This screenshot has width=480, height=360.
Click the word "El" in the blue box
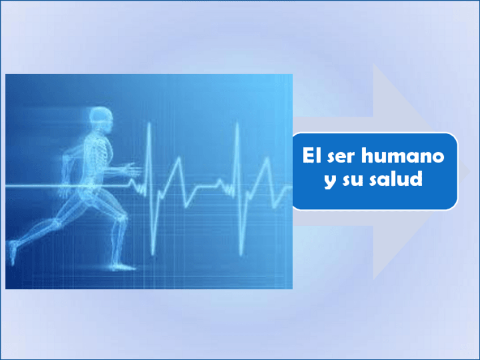click(309, 156)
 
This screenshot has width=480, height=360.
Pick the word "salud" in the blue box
click(398, 179)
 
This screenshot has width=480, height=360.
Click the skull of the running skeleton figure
click(102, 117)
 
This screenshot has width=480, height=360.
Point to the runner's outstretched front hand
click(134, 168)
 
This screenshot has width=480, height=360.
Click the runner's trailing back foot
click(12, 252)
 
